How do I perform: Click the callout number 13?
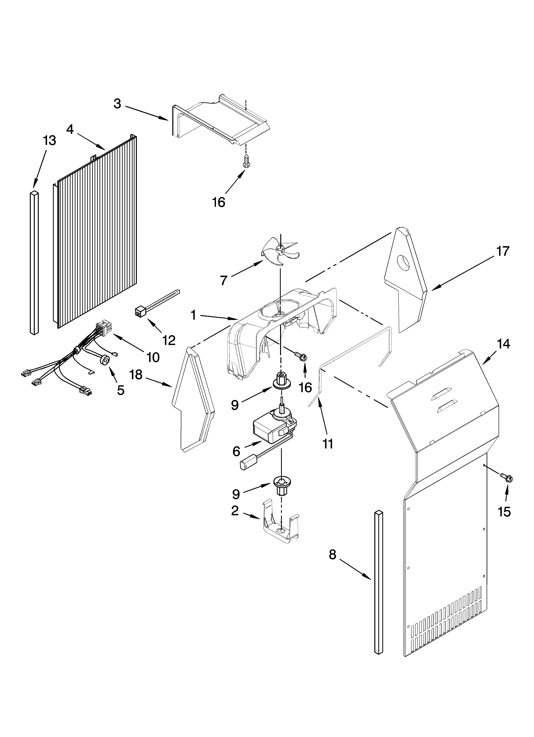pos(49,140)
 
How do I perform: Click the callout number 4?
pos(70,129)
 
